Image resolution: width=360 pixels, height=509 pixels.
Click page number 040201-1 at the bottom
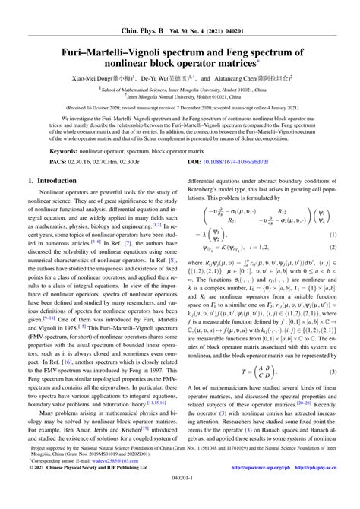[x=180, y=498]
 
